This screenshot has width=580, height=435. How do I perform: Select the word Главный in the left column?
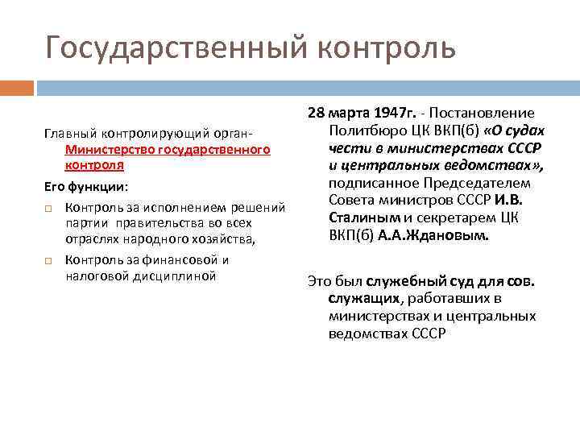coord(65,132)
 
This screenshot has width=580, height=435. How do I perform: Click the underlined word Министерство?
coord(108,149)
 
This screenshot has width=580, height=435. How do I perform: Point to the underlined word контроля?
coord(94,164)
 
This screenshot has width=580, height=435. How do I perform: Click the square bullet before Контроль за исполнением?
coord(49,208)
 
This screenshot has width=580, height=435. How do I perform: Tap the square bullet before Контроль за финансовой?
coord(49,260)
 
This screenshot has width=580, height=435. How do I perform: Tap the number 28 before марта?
coord(316,114)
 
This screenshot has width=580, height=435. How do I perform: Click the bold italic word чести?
coord(347,149)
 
